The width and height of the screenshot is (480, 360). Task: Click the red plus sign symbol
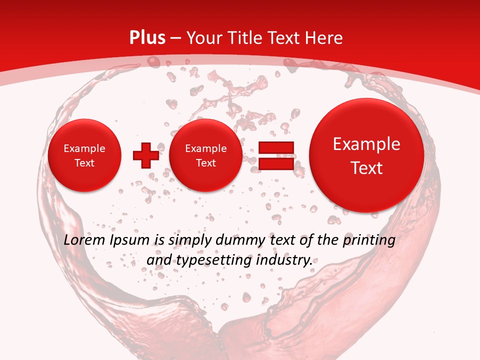(x=146, y=155)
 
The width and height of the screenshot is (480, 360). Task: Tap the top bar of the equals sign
(x=275, y=147)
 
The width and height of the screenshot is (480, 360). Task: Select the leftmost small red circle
(x=84, y=155)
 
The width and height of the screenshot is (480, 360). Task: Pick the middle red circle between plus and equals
(x=206, y=155)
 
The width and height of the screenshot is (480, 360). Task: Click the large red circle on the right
(x=366, y=155)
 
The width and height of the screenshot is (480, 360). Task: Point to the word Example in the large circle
(x=366, y=144)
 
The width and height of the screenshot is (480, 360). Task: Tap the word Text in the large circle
(x=366, y=168)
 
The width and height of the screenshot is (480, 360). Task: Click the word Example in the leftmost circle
(x=84, y=148)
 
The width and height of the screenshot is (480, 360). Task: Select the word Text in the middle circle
(x=206, y=163)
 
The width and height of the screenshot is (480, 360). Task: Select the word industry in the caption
(x=285, y=260)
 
